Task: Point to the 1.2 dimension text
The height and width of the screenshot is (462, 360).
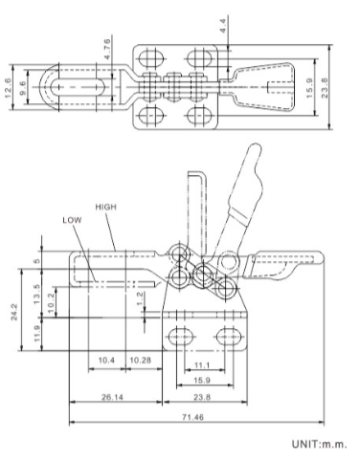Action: (141, 297)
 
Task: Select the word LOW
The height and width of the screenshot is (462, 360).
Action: (72, 219)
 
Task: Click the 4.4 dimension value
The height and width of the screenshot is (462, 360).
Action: (223, 25)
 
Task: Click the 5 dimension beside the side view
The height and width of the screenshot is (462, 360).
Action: (37, 258)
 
